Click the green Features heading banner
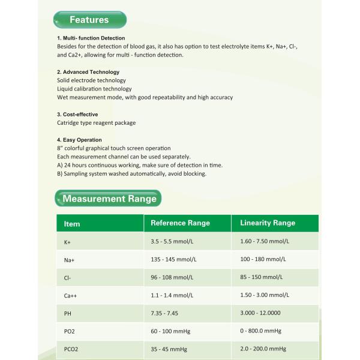coord(89,20)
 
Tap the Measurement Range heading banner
coord(109,199)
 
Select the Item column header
coord(72,224)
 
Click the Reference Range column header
coord(180,223)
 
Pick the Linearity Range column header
coord(268,223)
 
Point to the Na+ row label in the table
coord(70,260)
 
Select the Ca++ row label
coord(71,296)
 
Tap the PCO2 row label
coord(72,349)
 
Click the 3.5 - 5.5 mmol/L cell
coord(172,241)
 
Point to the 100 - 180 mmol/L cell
coord(265,259)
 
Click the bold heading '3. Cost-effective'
coord(77,114)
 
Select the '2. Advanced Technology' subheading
coord(88,72)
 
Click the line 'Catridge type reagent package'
coord(96,123)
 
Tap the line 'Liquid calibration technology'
coord(94,89)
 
